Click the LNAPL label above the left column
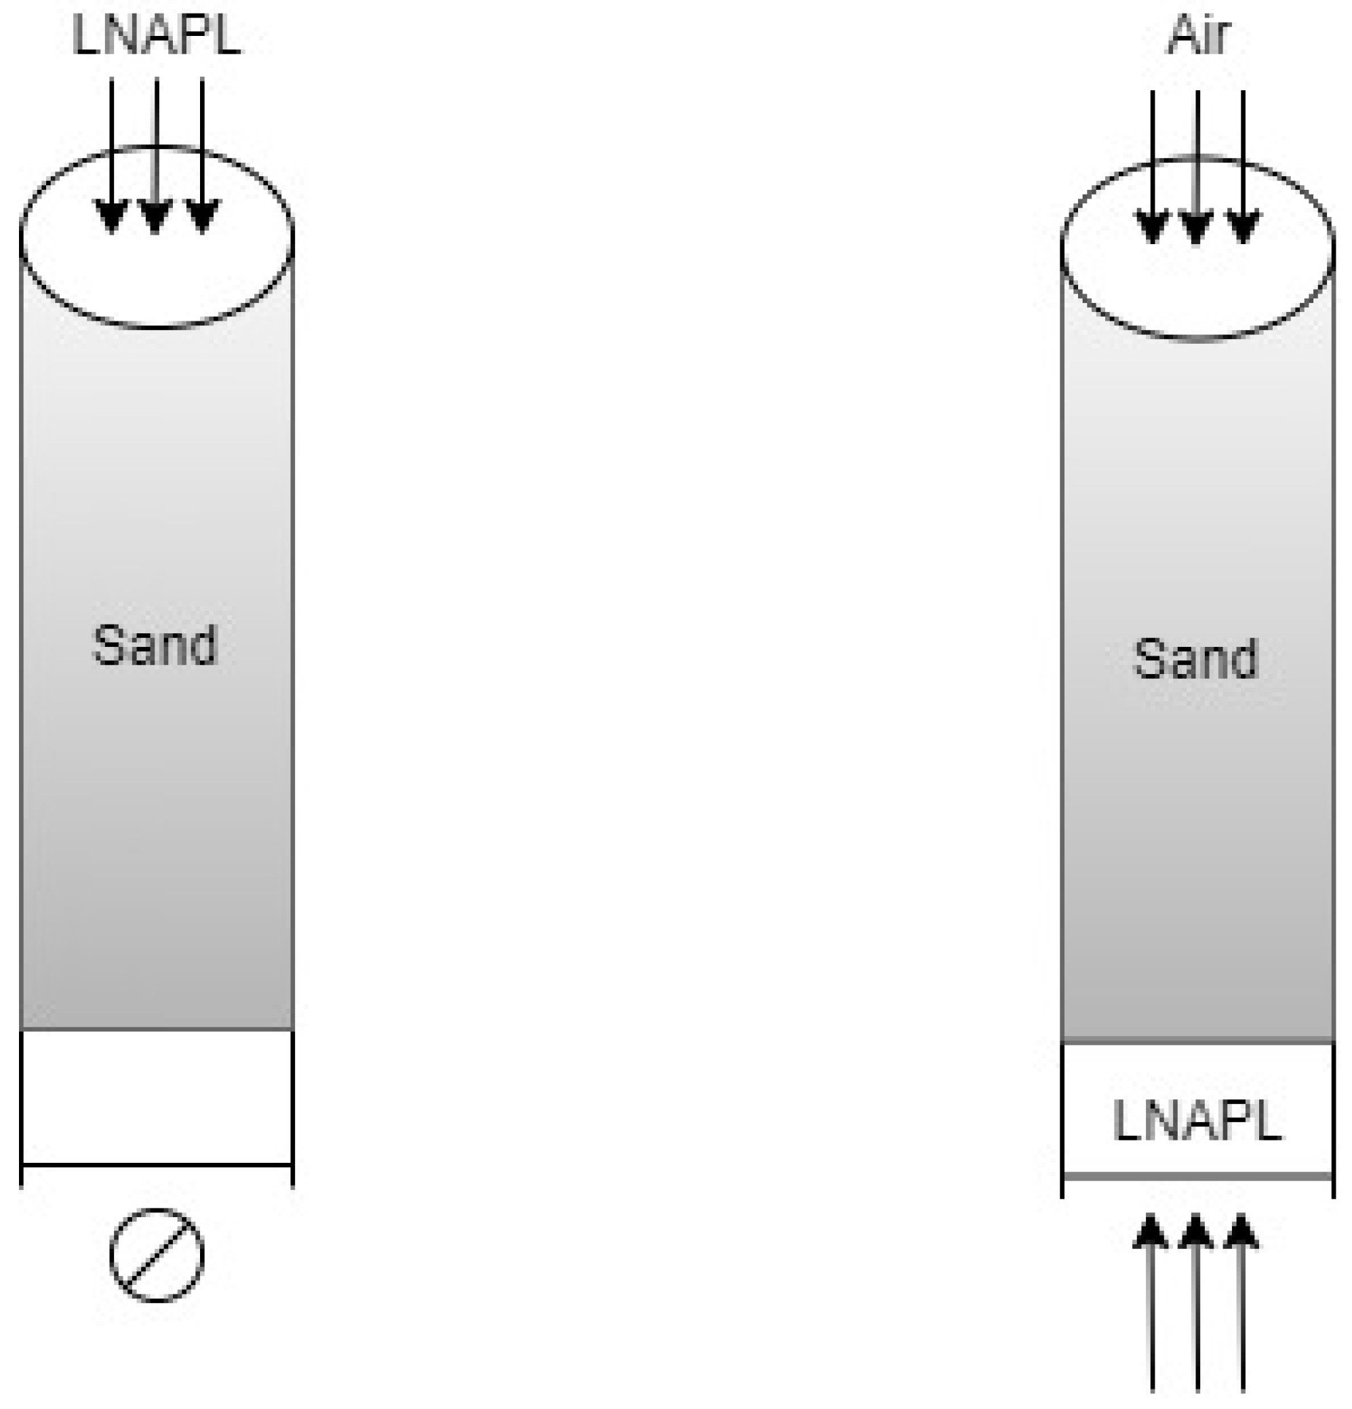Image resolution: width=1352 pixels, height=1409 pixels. tap(157, 36)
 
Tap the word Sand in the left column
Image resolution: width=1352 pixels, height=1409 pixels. tap(155, 645)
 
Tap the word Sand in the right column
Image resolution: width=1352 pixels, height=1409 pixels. tap(1196, 658)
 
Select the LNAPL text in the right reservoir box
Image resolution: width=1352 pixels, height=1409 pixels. tap(1197, 1122)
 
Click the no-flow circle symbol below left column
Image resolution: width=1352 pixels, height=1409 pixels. tap(157, 1255)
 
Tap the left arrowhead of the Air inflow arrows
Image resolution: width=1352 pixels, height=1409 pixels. tap(1153, 228)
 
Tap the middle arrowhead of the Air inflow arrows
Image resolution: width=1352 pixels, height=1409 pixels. tap(1197, 228)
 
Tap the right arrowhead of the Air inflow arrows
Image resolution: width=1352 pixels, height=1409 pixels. tap(1243, 228)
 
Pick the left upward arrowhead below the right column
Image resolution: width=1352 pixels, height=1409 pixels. tap(1152, 1232)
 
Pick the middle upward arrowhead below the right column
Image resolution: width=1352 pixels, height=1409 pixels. tap(1197, 1232)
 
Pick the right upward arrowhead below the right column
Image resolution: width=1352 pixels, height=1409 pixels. tap(1243, 1232)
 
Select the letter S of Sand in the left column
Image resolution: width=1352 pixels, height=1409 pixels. tap(107, 645)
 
